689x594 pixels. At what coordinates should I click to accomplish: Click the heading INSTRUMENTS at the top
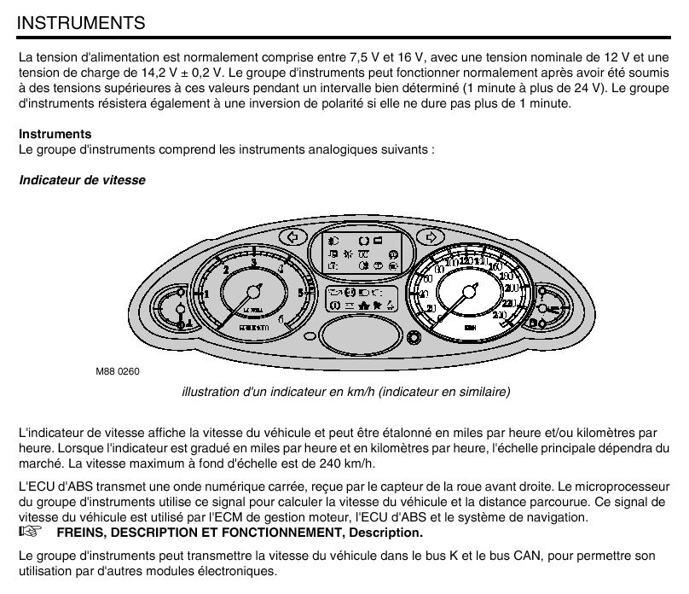coord(81,22)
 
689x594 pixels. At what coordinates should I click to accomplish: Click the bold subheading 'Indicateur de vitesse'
coord(82,181)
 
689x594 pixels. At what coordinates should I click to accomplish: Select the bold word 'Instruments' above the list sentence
coord(55,134)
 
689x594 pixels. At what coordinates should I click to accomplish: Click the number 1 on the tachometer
coord(206,294)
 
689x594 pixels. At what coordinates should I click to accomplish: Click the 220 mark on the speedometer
coord(511,304)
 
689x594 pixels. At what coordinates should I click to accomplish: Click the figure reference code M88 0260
coord(117,372)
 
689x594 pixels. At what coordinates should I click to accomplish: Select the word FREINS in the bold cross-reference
coord(77,533)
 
